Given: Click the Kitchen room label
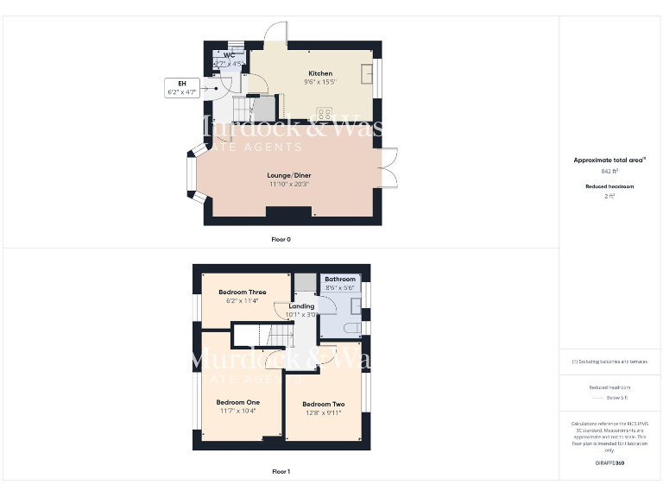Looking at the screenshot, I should (320, 73).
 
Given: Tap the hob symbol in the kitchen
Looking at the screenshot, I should (328, 113).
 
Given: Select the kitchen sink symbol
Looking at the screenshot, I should (368, 72).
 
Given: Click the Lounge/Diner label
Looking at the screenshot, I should (288, 175).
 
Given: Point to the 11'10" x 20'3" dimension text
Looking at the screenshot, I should (288, 184).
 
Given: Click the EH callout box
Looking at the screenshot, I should (182, 87).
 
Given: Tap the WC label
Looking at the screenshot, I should (229, 56).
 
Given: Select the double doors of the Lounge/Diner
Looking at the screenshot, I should (389, 168).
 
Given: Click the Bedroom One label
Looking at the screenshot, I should (237, 402).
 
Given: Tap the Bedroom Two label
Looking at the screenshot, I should (324, 404).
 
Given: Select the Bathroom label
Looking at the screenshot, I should (340, 280).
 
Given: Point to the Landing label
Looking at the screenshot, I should (301, 306).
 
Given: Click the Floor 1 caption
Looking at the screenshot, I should (281, 472).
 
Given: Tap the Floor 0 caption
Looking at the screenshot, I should (281, 239).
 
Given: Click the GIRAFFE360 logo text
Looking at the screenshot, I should (609, 463).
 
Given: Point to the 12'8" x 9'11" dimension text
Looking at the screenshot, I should (324, 412).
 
